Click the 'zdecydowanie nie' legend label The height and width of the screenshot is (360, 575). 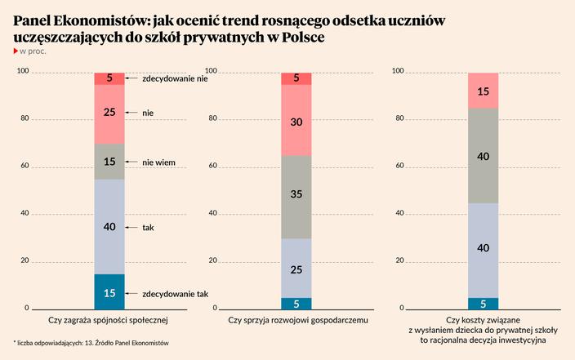coord(175,79)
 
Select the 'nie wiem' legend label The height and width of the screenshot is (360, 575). coord(159,162)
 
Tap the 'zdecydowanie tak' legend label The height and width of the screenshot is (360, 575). coord(176,292)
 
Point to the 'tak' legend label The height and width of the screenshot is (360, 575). coord(148,228)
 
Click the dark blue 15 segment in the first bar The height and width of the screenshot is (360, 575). coord(109,291)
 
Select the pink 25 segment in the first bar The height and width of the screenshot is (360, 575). coord(109,113)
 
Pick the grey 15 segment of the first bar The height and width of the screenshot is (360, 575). coord(109,162)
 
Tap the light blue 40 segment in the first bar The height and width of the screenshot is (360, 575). coord(109,226)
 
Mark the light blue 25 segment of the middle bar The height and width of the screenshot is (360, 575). coord(296,268)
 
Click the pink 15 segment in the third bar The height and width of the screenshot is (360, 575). coord(483,91)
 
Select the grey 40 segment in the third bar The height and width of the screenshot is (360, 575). coord(483,155)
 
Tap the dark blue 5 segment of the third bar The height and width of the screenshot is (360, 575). coord(483,303)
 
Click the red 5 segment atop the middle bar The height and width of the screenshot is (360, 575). coord(296,78)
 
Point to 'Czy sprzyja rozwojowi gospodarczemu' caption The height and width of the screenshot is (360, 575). coord(296,321)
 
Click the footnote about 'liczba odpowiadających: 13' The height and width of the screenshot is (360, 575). coord(91,342)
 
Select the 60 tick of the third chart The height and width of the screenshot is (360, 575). coord(399,166)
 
